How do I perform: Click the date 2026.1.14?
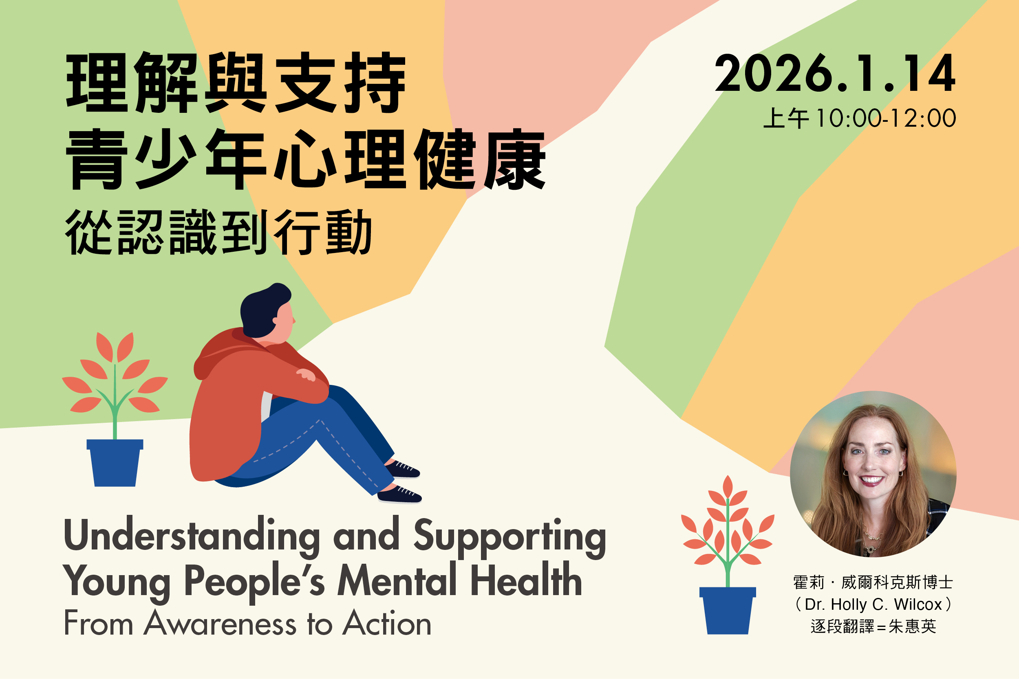(x=834, y=73)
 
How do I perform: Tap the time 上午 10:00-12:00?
(x=860, y=118)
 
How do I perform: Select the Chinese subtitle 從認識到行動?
(x=218, y=232)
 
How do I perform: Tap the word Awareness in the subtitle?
(x=220, y=624)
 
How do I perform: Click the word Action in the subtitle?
(x=387, y=624)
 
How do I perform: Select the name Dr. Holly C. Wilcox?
(x=873, y=604)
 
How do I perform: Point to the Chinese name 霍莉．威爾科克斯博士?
(x=873, y=582)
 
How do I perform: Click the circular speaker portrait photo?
(x=873, y=474)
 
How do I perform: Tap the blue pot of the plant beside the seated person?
(x=115, y=462)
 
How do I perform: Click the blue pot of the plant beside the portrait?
(x=728, y=611)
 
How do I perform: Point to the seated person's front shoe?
(x=399, y=495)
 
